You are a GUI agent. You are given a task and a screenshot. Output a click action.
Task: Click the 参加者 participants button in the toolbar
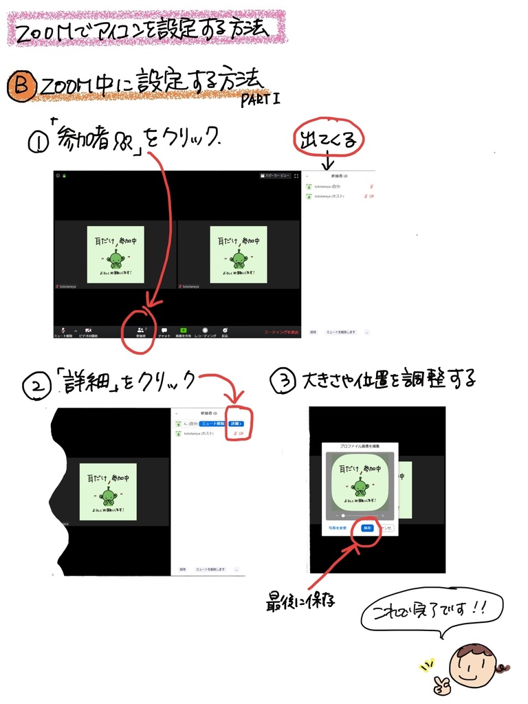[140, 331]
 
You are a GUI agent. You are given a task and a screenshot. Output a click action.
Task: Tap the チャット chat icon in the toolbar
[164, 331]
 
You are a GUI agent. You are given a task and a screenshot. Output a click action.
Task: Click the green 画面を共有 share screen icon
[184, 331]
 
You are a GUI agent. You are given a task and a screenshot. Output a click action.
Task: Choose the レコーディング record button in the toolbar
[205, 331]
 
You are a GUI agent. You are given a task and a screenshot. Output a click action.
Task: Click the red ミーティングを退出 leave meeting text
[282, 332]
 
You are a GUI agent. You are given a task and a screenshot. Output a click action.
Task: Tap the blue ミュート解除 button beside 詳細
[208, 423]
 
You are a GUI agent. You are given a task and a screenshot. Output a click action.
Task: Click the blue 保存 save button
[367, 528]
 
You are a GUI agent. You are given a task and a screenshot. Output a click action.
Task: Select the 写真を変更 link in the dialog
[338, 528]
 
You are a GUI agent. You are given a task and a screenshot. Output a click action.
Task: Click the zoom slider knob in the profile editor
[344, 515]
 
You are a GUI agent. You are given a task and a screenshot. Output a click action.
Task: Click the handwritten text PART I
[260, 100]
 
